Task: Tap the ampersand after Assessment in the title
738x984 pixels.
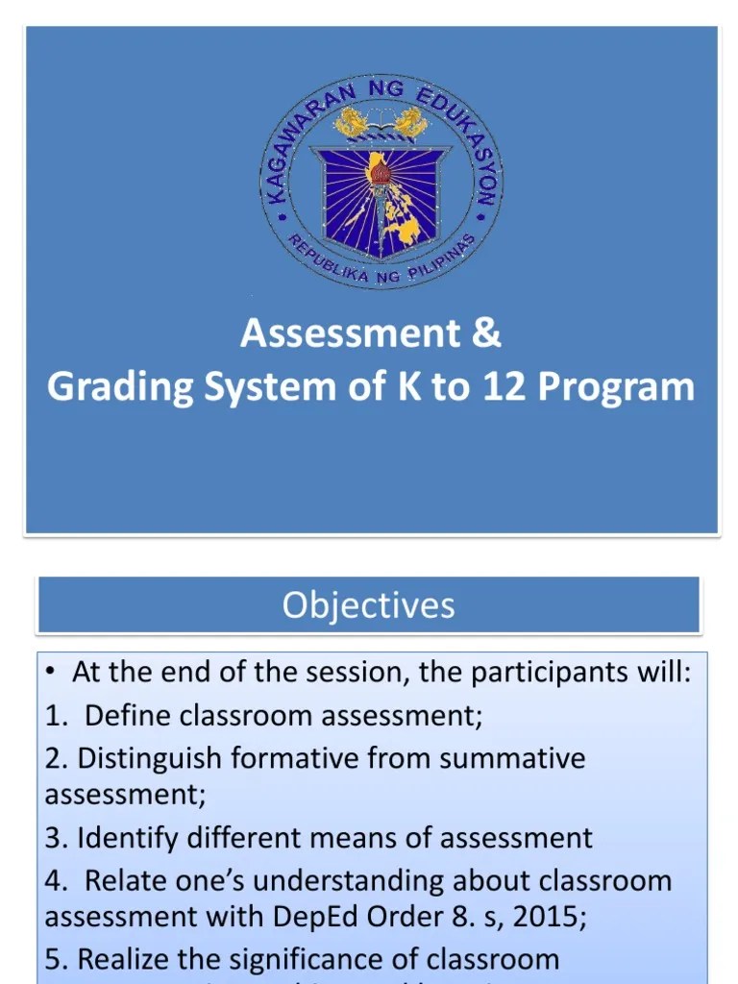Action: coord(486,333)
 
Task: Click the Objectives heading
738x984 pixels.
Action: coord(368,605)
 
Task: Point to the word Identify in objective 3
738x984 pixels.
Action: coord(119,838)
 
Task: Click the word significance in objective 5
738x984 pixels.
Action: coord(325,959)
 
